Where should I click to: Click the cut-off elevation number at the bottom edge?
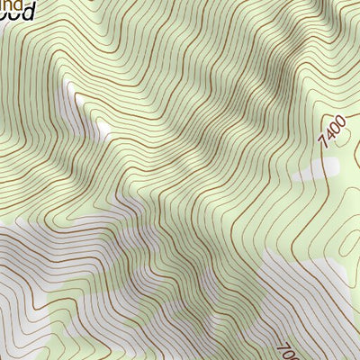point(287,349)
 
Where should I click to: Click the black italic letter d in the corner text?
point(28,12)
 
